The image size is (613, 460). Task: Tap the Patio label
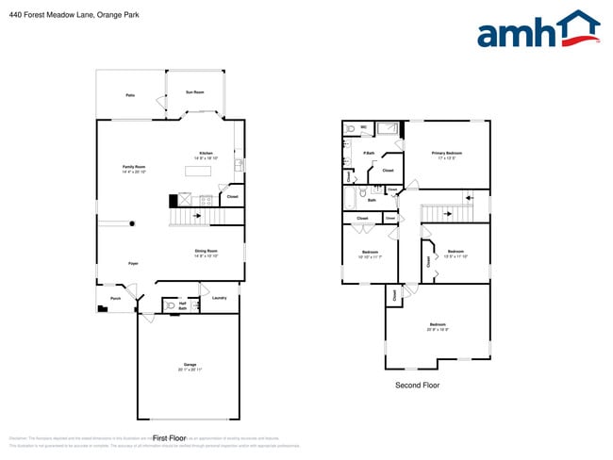129,95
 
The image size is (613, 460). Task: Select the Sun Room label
194,92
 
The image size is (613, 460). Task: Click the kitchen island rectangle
197,171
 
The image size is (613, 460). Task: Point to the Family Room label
134,167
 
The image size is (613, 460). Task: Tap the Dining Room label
207,251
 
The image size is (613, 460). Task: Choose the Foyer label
134,263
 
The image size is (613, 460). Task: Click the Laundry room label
219,298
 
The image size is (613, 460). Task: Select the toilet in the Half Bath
170,305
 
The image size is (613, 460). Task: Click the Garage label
190,365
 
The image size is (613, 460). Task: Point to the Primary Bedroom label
446,153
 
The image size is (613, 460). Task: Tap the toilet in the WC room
350,128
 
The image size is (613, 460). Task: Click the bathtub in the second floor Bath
350,196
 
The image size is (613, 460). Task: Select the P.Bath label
370,153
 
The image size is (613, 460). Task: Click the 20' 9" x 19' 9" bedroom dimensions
438,329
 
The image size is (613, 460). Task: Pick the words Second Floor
417,386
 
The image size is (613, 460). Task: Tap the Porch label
115,298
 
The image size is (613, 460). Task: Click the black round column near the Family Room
132,223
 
